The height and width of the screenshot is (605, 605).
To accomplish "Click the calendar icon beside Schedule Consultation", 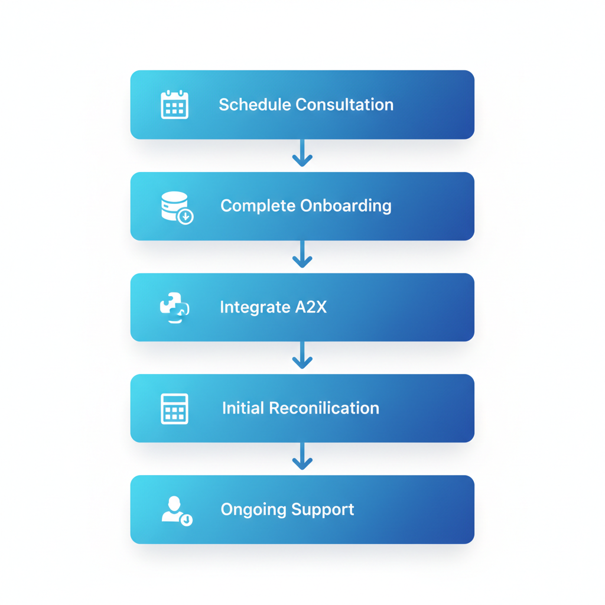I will pyautogui.click(x=175, y=105).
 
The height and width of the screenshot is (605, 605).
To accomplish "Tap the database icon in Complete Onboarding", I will pyautogui.click(x=176, y=207).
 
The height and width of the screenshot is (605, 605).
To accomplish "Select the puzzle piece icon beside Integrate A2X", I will pyautogui.click(x=174, y=307).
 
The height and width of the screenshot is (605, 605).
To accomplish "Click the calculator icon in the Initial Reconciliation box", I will pyautogui.click(x=175, y=408).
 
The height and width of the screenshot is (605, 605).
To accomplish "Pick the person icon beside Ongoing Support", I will pyautogui.click(x=175, y=510).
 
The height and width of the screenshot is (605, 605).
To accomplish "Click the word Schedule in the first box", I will pyautogui.click(x=255, y=105).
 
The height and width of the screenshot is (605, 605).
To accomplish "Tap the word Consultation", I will pyautogui.click(x=344, y=105).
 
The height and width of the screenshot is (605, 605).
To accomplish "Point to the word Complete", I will pyautogui.click(x=258, y=206).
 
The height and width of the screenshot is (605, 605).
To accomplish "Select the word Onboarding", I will pyautogui.click(x=346, y=206).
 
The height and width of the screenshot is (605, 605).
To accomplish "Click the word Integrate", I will pyautogui.click(x=255, y=307).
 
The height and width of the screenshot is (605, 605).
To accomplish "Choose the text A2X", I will pyautogui.click(x=311, y=307).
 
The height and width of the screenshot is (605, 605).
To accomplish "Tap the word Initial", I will pyautogui.click(x=243, y=408).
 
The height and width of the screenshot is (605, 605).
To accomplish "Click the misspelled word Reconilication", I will pyautogui.click(x=324, y=408).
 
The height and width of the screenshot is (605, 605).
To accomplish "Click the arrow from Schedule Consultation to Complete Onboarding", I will pyautogui.click(x=302, y=154).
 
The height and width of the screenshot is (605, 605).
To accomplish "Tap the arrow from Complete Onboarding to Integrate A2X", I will pyautogui.click(x=302, y=255).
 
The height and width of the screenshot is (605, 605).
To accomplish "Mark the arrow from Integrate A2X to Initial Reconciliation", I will pyautogui.click(x=302, y=356).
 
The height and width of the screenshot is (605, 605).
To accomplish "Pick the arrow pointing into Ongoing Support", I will pyautogui.click(x=302, y=457).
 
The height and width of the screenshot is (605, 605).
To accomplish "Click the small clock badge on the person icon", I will pyautogui.click(x=187, y=520).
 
